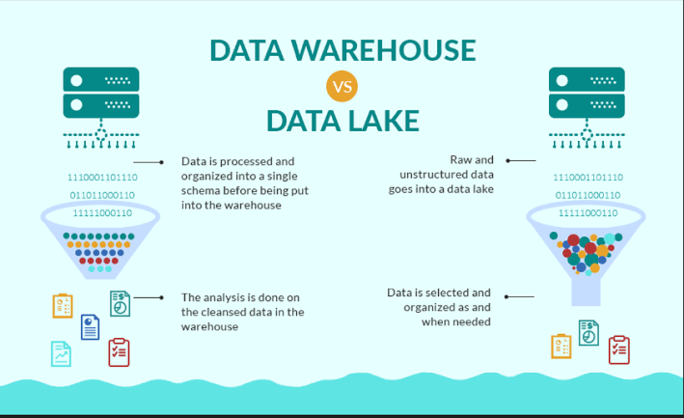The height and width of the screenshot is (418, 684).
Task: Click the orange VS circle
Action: pos(342,86)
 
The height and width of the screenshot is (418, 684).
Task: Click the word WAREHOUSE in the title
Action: pos(384,50)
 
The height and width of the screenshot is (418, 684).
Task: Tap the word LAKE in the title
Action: pos(384,121)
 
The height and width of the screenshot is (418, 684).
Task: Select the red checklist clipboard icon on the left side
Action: pos(119,352)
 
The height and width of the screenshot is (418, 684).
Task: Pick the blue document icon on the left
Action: pos(90,327)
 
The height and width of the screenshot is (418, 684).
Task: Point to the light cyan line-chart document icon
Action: pos(61,353)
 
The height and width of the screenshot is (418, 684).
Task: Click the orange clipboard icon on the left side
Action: pos(63,306)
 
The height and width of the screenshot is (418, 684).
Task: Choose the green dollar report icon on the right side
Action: pos(588,332)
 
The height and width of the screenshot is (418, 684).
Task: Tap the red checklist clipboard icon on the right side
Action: pos(619,349)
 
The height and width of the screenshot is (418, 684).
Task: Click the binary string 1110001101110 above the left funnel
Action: pos(102,178)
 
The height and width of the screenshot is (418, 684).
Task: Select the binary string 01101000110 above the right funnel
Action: pos(588,195)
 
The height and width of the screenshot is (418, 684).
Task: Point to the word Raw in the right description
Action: pos(460,160)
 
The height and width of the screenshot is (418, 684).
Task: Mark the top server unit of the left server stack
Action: pos(101,79)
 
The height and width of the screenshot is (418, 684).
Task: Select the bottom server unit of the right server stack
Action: pos(587,106)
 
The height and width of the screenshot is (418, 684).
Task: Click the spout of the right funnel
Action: pos(586,292)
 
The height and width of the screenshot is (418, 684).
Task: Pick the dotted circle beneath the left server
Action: pos(101,134)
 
